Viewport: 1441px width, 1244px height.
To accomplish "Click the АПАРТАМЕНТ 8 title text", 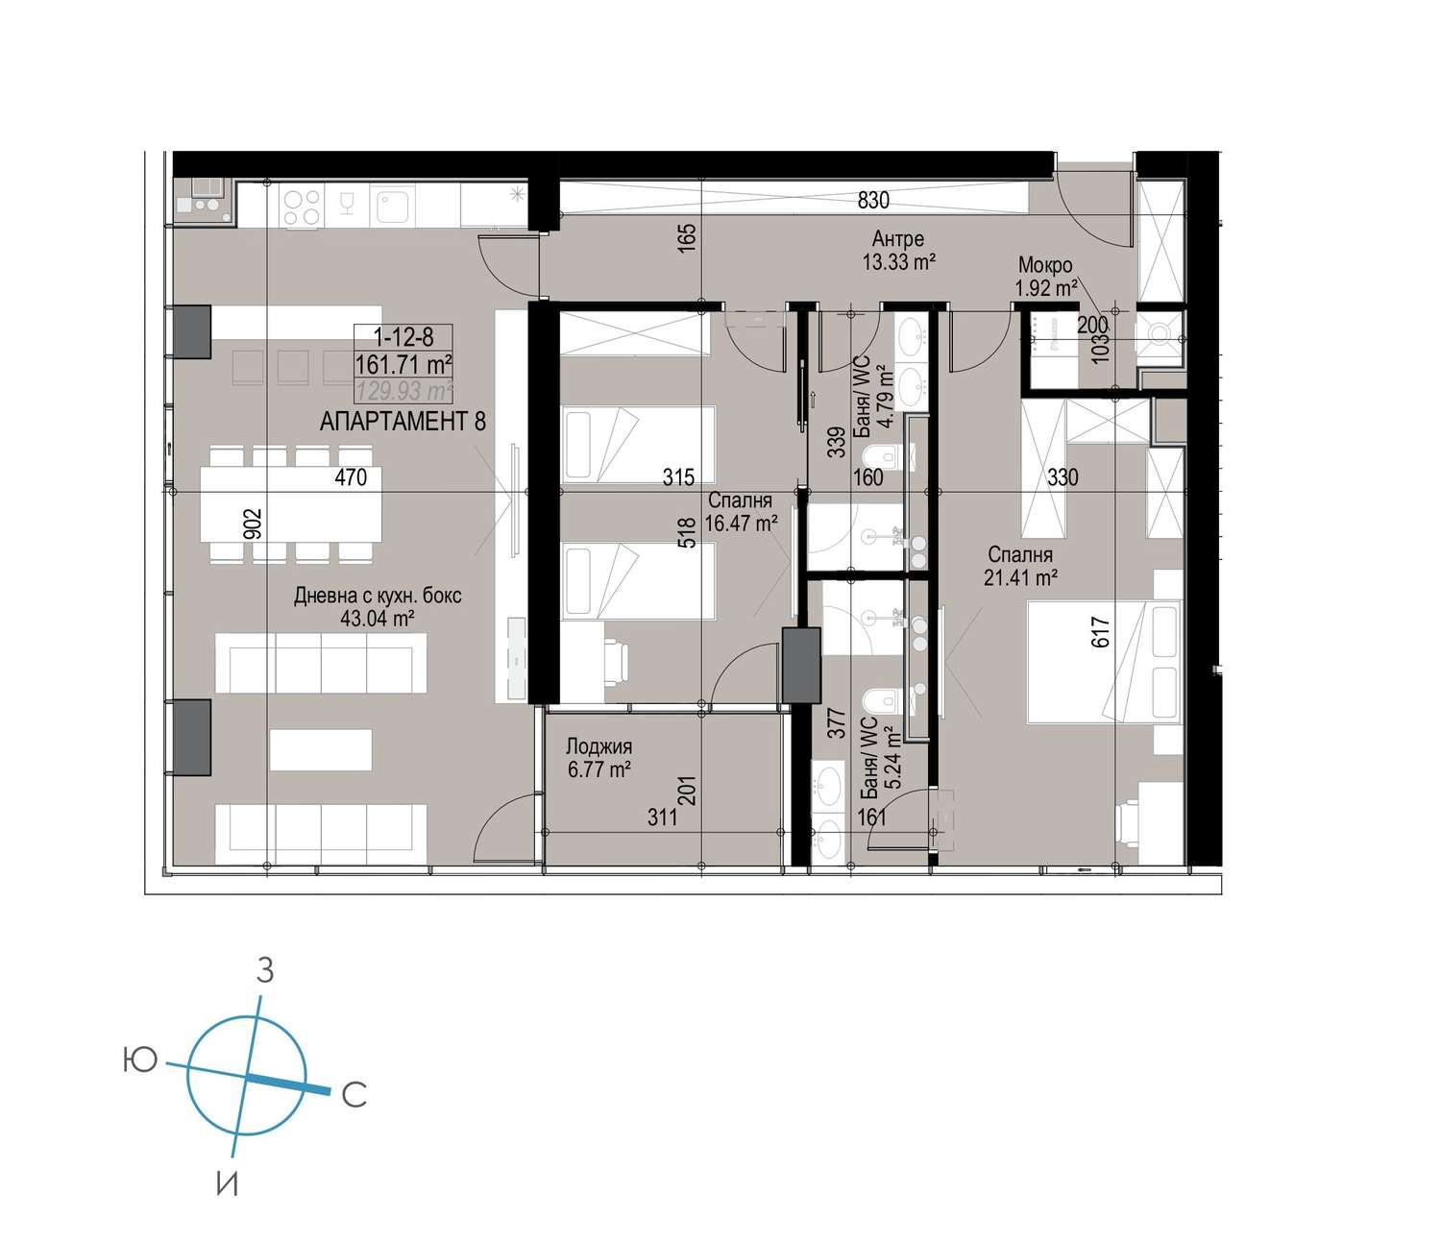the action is click(x=403, y=421).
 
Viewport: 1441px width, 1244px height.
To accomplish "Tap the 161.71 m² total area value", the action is click(x=403, y=364).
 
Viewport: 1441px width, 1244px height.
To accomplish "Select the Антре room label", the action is click(x=898, y=238).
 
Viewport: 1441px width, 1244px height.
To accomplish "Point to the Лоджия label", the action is click(x=598, y=746).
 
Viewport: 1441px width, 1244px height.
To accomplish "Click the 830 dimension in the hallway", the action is click(x=873, y=201).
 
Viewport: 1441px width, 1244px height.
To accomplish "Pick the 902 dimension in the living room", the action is click(x=253, y=524).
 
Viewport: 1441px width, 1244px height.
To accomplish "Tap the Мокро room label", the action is click(x=1045, y=265).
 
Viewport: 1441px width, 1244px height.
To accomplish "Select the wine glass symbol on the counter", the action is click(x=346, y=205).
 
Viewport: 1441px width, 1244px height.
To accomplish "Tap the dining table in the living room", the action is click(x=291, y=504).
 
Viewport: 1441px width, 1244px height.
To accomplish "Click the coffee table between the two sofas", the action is click(x=321, y=749).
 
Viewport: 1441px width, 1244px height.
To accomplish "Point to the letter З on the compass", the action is click(x=265, y=970).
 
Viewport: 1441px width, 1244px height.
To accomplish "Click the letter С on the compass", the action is click(x=354, y=1095).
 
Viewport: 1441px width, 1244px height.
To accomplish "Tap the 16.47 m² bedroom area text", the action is click(x=741, y=523).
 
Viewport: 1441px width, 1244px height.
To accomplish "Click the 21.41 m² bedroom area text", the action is click(x=1020, y=577).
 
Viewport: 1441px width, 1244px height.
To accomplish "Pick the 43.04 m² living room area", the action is click(x=378, y=618).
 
